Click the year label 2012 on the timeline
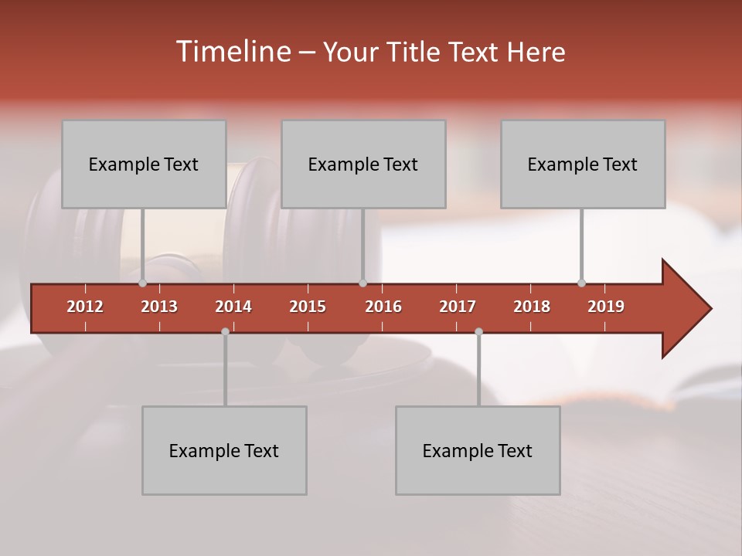[x=85, y=307]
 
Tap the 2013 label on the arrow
[x=159, y=307]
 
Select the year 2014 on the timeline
[x=233, y=307]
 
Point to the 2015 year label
[x=308, y=307]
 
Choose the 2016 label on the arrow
[x=383, y=307]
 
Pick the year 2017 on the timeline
[x=458, y=307]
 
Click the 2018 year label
[x=532, y=307]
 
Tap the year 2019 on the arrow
[x=606, y=307]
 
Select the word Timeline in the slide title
[x=232, y=52]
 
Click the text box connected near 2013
[x=144, y=164]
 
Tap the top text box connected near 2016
[x=363, y=164]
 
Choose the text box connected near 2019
[x=583, y=164]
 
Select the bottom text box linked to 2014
[x=224, y=450]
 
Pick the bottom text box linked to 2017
[x=478, y=450]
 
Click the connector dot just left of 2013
[x=142, y=283]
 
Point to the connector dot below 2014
[x=225, y=331]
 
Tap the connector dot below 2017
[x=478, y=331]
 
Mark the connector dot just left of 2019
[x=581, y=283]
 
